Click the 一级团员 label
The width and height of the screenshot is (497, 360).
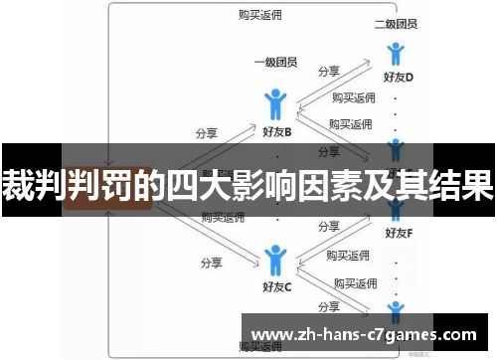[276, 62]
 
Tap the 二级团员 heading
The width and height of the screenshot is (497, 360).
[397, 23]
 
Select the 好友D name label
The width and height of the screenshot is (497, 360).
[398, 77]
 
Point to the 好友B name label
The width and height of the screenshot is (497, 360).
[276, 131]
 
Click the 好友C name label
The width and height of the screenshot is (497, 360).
[276, 287]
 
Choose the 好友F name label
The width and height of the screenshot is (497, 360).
[398, 234]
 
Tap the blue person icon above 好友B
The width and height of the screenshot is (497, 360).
[276, 104]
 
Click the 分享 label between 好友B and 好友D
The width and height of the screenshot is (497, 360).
[329, 72]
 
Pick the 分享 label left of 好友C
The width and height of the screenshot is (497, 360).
[210, 263]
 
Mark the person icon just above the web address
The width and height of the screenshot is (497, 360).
[397, 309]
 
